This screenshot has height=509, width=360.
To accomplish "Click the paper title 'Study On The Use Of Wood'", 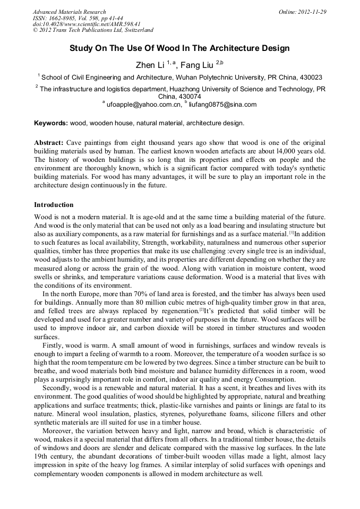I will (179, 48).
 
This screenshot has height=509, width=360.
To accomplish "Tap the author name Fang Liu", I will (197, 65).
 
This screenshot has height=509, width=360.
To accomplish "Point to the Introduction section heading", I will (54, 205).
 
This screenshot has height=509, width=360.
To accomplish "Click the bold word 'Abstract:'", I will (49, 143).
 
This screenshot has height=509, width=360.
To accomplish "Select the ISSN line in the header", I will (78, 18).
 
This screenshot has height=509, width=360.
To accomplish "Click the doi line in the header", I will (87, 24).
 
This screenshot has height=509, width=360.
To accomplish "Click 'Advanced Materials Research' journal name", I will (69, 12).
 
